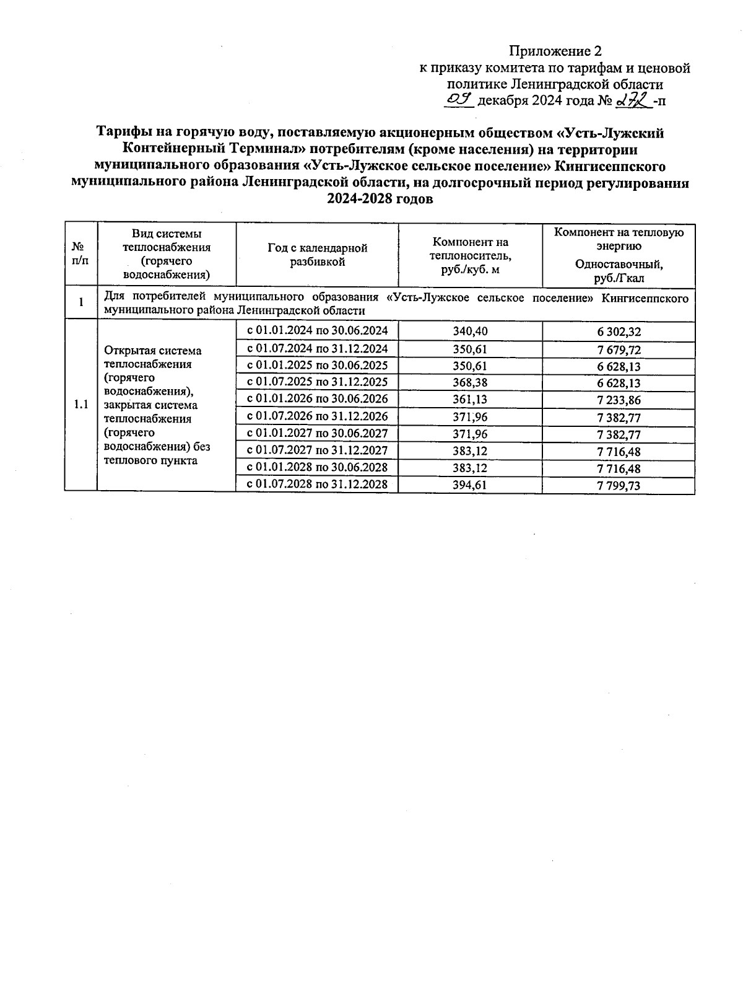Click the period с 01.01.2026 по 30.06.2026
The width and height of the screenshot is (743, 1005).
coord(317,399)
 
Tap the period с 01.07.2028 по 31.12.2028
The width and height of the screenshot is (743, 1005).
coord(317,484)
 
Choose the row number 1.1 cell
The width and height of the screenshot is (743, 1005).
coord(80,405)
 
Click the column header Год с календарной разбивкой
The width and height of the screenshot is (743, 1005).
coord(317,255)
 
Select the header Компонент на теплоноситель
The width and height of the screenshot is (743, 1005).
coord(470,255)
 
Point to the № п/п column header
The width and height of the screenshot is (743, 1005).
coord(80,255)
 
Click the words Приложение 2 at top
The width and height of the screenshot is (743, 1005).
coord(555,51)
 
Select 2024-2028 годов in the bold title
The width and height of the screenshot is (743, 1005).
coord(380,200)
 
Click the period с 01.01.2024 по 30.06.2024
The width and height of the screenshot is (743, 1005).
coord(317,330)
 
